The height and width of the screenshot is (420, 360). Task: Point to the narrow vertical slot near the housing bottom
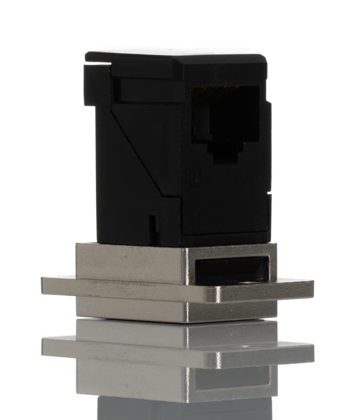coord(152,224)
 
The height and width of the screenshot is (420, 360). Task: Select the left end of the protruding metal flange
coord(49,286)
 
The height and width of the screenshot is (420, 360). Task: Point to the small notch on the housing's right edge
coord(269,111)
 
